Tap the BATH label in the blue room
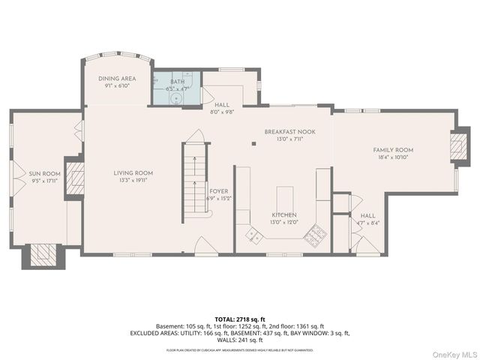pos(177,81)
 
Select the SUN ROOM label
pos(45,173)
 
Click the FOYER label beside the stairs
pos(220,190)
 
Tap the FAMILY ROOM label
pos(393,150)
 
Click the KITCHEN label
pos(284,214)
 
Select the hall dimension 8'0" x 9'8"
pos(222,112)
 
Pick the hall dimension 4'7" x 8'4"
pos(367,222)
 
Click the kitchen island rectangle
pos(285,197)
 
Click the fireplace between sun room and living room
pos(76,178)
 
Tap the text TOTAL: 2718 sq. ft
pos(240,319)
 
